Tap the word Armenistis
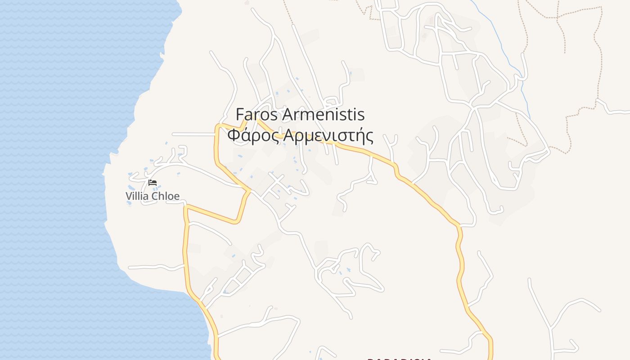(323, 115)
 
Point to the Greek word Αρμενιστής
(328, 135)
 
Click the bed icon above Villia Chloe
(153, 182)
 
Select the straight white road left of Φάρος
(193, 134)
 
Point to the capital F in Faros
(240, 115)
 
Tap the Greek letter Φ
(233, 135)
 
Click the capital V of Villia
(129, 196)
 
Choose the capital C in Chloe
(154, 196)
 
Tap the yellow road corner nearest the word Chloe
(185, 207)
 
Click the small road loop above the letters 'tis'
(332, 102)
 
